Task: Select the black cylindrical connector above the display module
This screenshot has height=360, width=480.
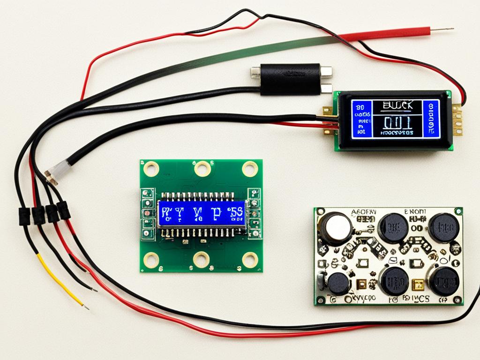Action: (x=291, y=79)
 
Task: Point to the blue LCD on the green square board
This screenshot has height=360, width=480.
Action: (x=202, y=212)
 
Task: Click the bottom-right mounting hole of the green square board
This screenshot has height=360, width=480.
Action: (x=250, y=259)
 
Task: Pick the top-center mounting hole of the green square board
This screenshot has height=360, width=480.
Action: (x=202, y=167)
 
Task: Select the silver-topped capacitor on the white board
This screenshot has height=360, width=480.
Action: (x=336, y=227)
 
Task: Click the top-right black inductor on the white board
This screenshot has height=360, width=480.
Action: (x=443, y=227)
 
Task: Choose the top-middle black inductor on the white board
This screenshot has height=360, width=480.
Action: (x=393, y=227)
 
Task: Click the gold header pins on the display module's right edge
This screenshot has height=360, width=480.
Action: (x=457, y=120)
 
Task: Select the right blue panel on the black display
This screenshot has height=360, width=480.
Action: (x=431, y=119)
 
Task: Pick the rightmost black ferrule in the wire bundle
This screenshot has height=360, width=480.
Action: (x=64, y=210)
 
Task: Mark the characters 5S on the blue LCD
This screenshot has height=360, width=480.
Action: (x=237, y=212)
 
